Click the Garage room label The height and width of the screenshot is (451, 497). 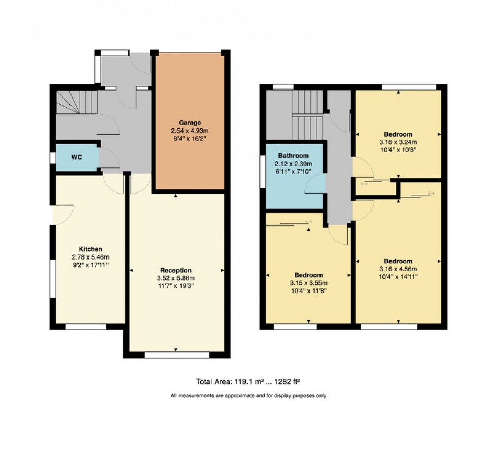[x=190, y=123]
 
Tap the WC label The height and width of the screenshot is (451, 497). [x=76, y=157]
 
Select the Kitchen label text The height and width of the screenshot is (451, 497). [x=90, y=249]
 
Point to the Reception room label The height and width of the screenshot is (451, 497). [x=175, y=270]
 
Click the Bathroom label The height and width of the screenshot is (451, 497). [x=293, y=156]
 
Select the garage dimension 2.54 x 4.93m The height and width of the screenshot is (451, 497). [x=190, y=131]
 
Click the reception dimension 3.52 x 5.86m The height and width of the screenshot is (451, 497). [x=175, y=278]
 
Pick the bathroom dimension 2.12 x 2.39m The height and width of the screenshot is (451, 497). [x=293, y=164]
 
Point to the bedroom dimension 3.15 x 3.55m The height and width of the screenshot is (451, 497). [x=308, y=283]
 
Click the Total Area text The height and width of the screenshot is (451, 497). [x=248, y=381]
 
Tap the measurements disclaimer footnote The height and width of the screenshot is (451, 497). [x=248, y=395]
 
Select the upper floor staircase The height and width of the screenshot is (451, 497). [x=307, y=114]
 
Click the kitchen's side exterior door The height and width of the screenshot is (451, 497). [x=63, y=214]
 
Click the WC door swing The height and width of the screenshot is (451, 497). [x=109, y=158]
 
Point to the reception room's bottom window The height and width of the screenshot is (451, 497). [x=176, y=355]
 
